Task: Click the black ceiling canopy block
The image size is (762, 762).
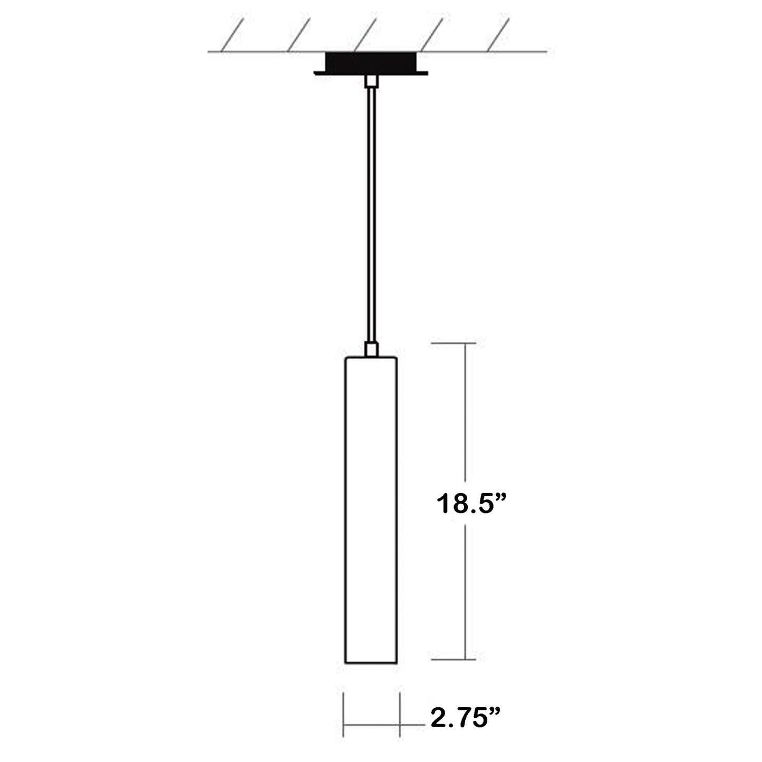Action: [371, 62]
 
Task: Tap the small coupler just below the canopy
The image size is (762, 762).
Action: [371, 81]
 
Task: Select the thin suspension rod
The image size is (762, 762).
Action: [371, 211]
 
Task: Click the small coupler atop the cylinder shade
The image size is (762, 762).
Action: [371, 349]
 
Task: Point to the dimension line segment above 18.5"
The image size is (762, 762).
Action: [465, 411]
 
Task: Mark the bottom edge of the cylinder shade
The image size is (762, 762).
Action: [371, 663]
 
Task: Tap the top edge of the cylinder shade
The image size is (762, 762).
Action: [371, 357]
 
